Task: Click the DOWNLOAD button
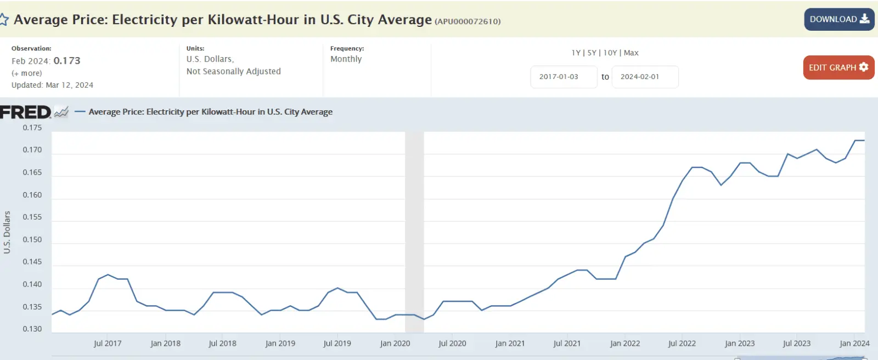click(839, 19)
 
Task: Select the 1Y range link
click(576, 53)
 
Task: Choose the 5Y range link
click(592, 53)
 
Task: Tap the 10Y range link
click(610, 53)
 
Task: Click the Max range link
click(631, 53)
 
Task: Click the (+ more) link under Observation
click(26, 73)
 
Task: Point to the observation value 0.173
click(67, 60)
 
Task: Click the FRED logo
click(26, 112)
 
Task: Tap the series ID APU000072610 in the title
click(468, 21)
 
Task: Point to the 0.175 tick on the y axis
click(32, 128)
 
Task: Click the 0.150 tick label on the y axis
click(32, 240)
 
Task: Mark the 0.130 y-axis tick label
click(32, 329)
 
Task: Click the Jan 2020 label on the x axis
click(395, 344)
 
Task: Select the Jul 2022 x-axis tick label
click(682, 344)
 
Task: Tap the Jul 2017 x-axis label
click(108, 344)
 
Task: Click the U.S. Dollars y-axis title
click(7, 232)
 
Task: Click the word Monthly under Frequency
click(346, 59)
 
